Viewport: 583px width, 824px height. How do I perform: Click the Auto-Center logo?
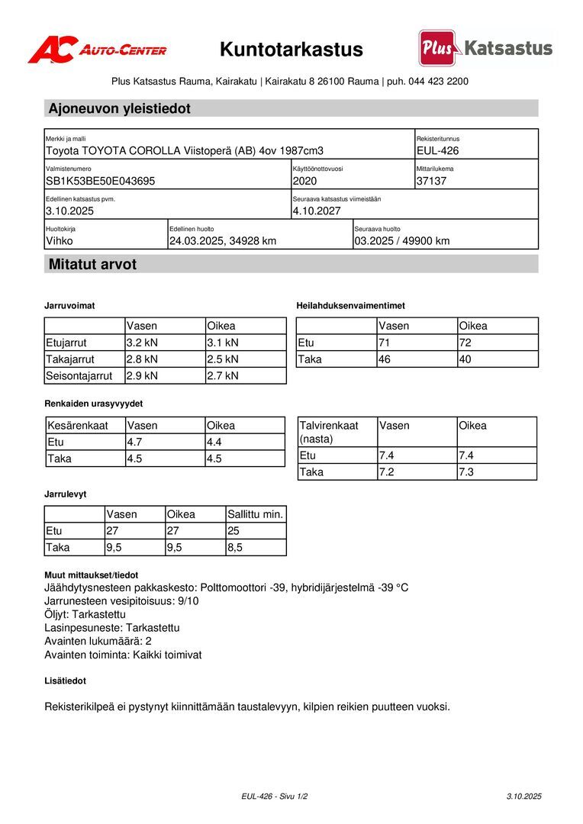coord(97,50)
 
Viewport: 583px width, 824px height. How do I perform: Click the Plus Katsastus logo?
coord(485,48)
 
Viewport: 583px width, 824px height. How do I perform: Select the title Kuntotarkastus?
coord(291,50)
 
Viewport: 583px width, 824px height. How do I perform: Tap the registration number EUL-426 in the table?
coord(438,151)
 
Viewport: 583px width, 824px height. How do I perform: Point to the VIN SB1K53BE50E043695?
coord(101,181)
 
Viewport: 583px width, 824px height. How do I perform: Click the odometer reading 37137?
coord(431,181)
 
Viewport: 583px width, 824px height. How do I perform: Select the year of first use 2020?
coord(304,181)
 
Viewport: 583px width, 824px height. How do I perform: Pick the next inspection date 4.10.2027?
coord(317,211)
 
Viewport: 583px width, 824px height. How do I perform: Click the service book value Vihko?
coord(60,241)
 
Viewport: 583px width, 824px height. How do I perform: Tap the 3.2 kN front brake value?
coord(142,343)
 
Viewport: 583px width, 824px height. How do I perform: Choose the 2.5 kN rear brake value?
coord(223,359)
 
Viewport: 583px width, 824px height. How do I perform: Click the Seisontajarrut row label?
coord(79,375)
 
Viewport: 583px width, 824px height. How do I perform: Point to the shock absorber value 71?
coord(385,343)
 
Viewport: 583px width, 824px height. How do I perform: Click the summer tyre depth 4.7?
coord(135,442)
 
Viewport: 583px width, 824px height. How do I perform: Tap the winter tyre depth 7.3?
coord(465,472)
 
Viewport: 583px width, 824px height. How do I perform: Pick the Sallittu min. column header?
coord(256,514)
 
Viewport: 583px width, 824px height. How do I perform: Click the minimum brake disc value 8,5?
coord(235,547)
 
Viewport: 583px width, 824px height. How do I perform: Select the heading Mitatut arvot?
coord(92,265)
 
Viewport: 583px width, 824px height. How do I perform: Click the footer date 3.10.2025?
coord(523,796)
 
